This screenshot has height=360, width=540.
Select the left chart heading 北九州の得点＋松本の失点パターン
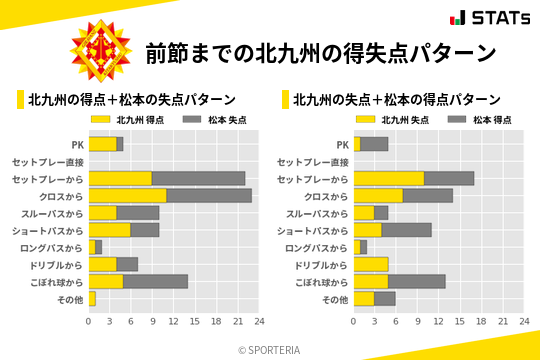click(132, 100)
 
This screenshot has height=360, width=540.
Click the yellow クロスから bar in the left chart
click(128, 196)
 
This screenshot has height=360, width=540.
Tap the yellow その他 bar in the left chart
click(92, 298)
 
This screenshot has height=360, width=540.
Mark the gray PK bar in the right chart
click(374, 144)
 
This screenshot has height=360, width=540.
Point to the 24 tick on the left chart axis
click(258, 322)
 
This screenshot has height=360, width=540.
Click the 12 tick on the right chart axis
click(438, 322)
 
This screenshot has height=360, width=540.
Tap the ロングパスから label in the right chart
click(317, 247)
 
